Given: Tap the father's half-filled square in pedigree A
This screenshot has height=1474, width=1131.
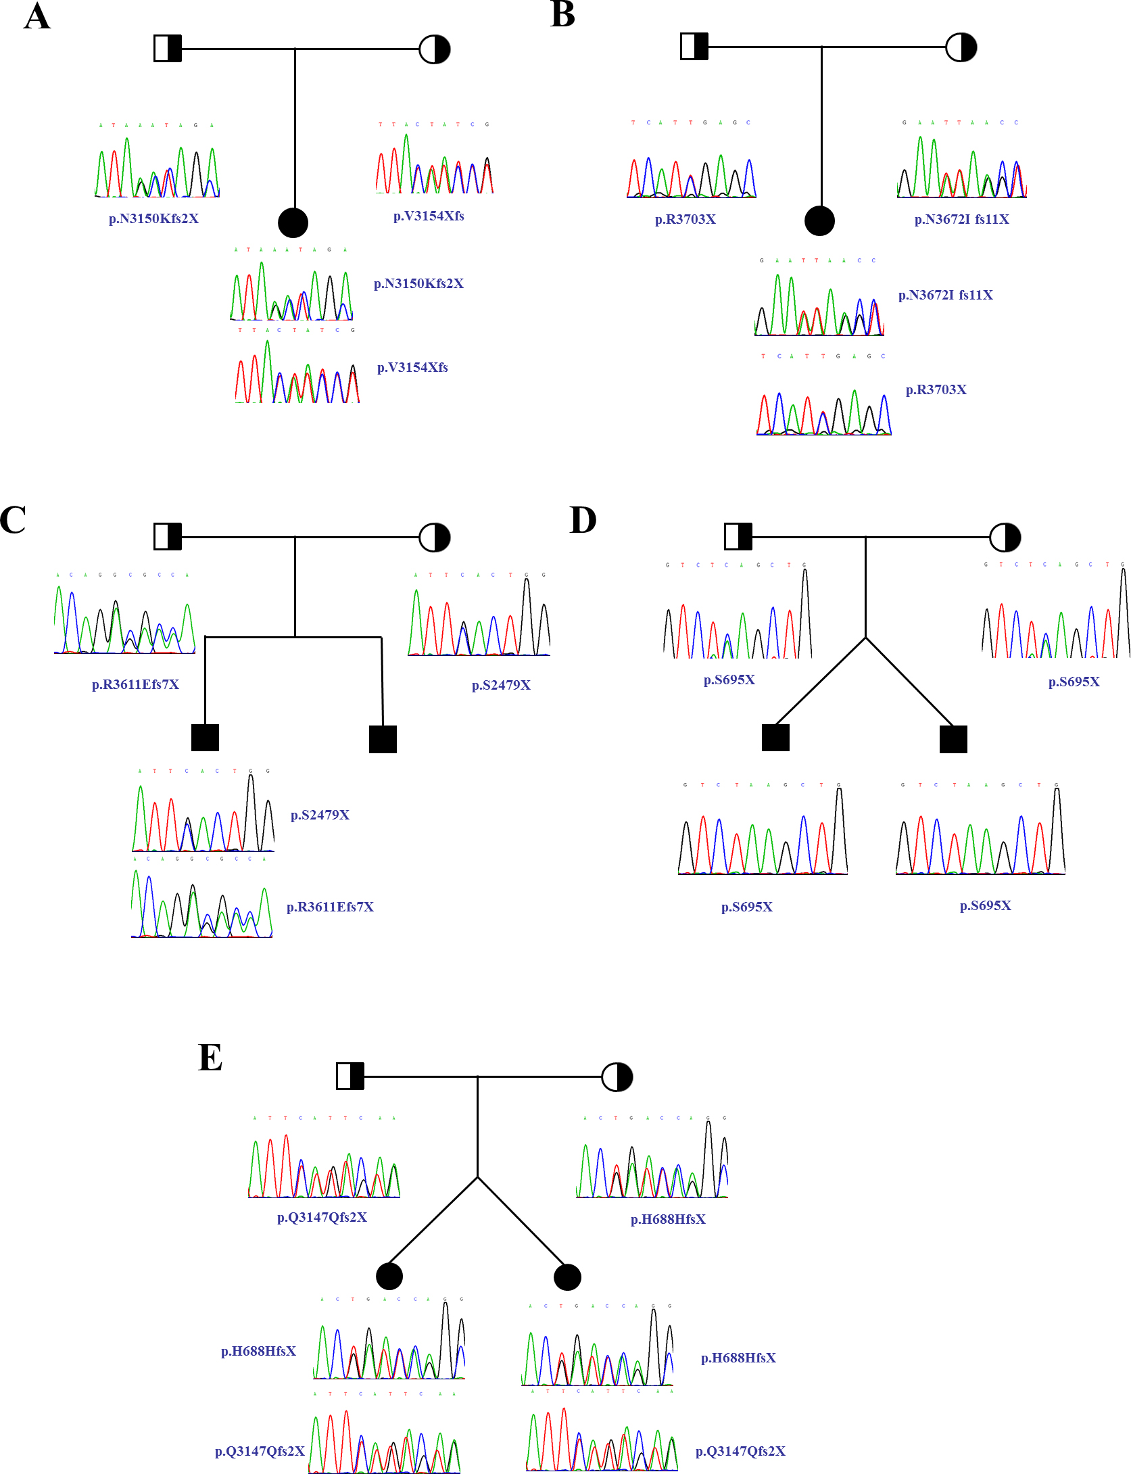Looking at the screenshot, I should point(168,49).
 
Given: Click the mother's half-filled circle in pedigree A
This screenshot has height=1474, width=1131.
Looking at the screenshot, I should point(434,49).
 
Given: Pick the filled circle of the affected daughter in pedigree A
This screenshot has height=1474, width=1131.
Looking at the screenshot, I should point(293,222).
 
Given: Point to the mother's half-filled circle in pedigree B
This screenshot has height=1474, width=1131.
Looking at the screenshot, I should point(961,47).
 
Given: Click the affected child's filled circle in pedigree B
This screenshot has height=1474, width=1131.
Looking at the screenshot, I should point(819,220).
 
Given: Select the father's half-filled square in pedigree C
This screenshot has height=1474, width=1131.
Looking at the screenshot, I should point(168,537).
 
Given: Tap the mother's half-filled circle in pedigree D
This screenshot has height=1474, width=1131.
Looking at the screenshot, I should point(1005,538).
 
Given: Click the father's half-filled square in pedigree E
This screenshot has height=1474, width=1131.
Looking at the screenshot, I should point(350,1076).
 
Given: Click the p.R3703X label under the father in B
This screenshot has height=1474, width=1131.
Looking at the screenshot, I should point(685,219).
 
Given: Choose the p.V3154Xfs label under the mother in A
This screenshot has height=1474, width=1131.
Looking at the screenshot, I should point(429,216).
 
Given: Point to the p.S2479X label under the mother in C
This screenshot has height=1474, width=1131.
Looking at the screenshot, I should point(501,685).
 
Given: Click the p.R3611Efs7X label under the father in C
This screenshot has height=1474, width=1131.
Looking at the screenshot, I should point(135,684).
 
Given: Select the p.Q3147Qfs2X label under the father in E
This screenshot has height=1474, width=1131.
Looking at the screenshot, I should point(322,1217).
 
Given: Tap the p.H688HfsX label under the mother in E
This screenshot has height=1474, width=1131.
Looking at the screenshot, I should point(668,1219).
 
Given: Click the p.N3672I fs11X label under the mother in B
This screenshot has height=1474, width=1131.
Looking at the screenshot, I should point(961,219).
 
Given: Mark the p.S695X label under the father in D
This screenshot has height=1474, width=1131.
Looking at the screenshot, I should point(729,680).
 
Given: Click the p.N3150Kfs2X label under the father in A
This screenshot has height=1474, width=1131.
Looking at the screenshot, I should point(153,218).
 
